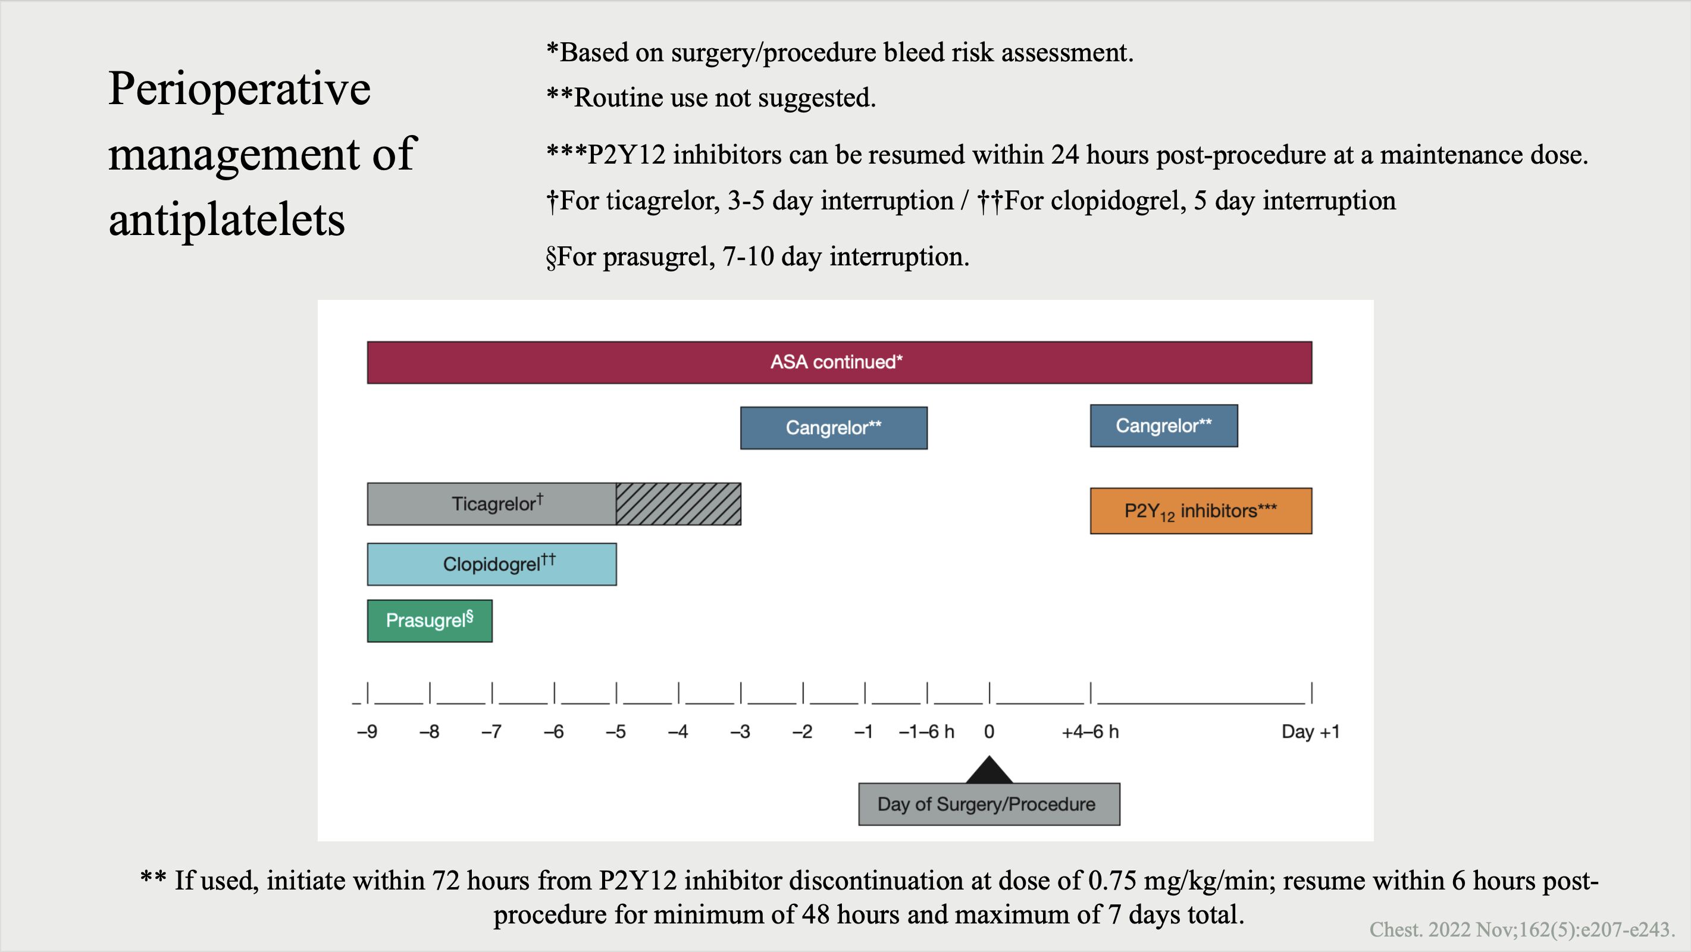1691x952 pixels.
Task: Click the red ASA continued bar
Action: pyautogui.click(x=839, y=362)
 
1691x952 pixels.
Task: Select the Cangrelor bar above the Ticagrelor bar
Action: pyautogui.click(x=834, y=428)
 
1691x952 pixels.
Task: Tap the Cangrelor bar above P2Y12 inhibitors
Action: pyautogui.click(x=1164, y=425)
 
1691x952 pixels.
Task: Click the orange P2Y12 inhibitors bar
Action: pyautogui.click(x=1201, y=511)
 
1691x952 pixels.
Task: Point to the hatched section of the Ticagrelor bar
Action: pyautogui.click(x=679, y=504)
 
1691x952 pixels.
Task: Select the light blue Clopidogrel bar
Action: pyautogui.click(x=491, y=564)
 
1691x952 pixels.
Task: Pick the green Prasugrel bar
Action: pyautogui.click(x=430, y=621)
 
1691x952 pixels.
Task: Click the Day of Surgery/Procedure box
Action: pyautogui.click(x=989, y=804)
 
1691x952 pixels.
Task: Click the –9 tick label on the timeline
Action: pyautogui.click(x=367, y=731)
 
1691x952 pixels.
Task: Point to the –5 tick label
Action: pyautogui.click(x=616, y=731)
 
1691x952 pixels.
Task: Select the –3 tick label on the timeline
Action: pyautogui.click(x=740, y=731)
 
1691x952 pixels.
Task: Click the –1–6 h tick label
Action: pyautogui.click(x=926, y=731)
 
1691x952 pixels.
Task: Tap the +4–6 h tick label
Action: pyautogui.click(x=1091, y=731)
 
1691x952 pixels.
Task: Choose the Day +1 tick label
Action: pyautogui.click(x=1310, y=731)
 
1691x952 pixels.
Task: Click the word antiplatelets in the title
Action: pyautogui.click(x=227, y=220)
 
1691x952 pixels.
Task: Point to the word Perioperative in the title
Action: pyautogui.click(x=240, y=89)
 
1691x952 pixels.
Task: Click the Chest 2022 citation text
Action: pyautogui.click(x=1521, y=929)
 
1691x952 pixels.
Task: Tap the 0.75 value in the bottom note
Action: pyautogui.click(x=1113, y=881)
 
